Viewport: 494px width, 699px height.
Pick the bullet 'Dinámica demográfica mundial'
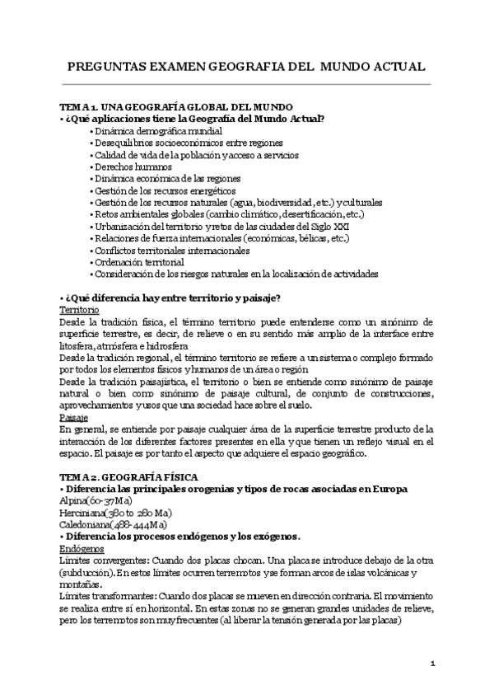pyautogui.click(x=156, y=131)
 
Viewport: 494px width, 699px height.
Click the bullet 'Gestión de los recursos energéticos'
pyautogui.click(x=165, y=190)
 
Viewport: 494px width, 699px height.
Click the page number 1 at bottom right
pyautogui.click(x=432, y=662)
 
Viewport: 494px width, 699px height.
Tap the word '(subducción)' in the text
pyautogui.click(x=89, y=572)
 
